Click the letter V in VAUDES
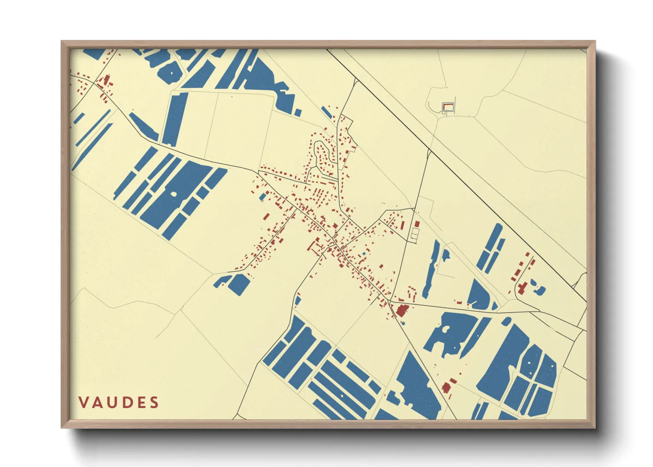[83, 403]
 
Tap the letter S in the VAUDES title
[154, 403]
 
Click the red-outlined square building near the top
[448, 106]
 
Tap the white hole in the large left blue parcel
[173, 194]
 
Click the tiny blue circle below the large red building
[402, 323]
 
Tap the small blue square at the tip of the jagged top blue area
[298, 113]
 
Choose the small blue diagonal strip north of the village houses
[326, 112]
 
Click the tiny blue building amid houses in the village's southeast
[364, 254]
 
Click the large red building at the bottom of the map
[447, 388]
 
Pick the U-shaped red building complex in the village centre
[316, 246]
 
